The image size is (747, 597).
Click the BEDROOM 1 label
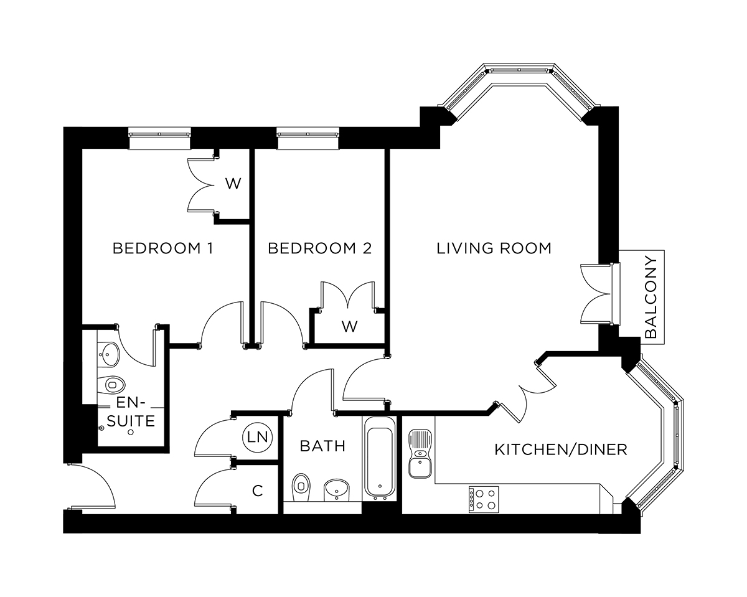click(x=162, y=248)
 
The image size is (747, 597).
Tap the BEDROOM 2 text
click(x=319, y=248)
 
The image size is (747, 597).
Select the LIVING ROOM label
click(x=494, y=248)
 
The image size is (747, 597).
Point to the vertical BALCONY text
click(x=651, y=297)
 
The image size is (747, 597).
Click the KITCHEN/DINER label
click(x=560, y=449)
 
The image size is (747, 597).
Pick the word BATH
click(x=322, y=446)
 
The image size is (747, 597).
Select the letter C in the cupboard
click(x=256, y=491)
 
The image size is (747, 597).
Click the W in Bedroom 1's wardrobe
click(x=232, y=184)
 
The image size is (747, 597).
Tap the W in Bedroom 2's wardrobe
click(x=349, y=326)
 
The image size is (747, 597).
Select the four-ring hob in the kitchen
click(x=483, y=499)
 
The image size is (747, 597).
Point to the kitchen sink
click(x=419, y=454)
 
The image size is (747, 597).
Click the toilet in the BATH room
click(x=301, y=484)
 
